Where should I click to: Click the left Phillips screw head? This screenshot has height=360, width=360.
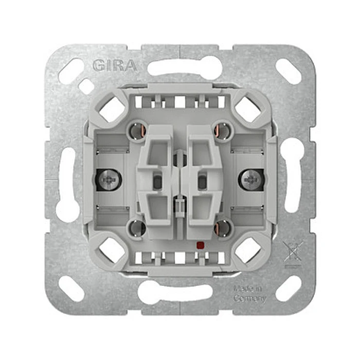109,179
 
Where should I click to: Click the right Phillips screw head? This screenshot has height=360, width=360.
251,179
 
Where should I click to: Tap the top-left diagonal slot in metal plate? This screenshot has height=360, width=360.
71,71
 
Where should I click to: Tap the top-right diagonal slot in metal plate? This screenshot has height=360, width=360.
289,71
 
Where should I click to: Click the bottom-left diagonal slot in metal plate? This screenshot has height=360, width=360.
71,289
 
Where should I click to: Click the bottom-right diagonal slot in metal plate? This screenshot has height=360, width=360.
289,289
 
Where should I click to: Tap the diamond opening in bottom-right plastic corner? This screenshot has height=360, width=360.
248,249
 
